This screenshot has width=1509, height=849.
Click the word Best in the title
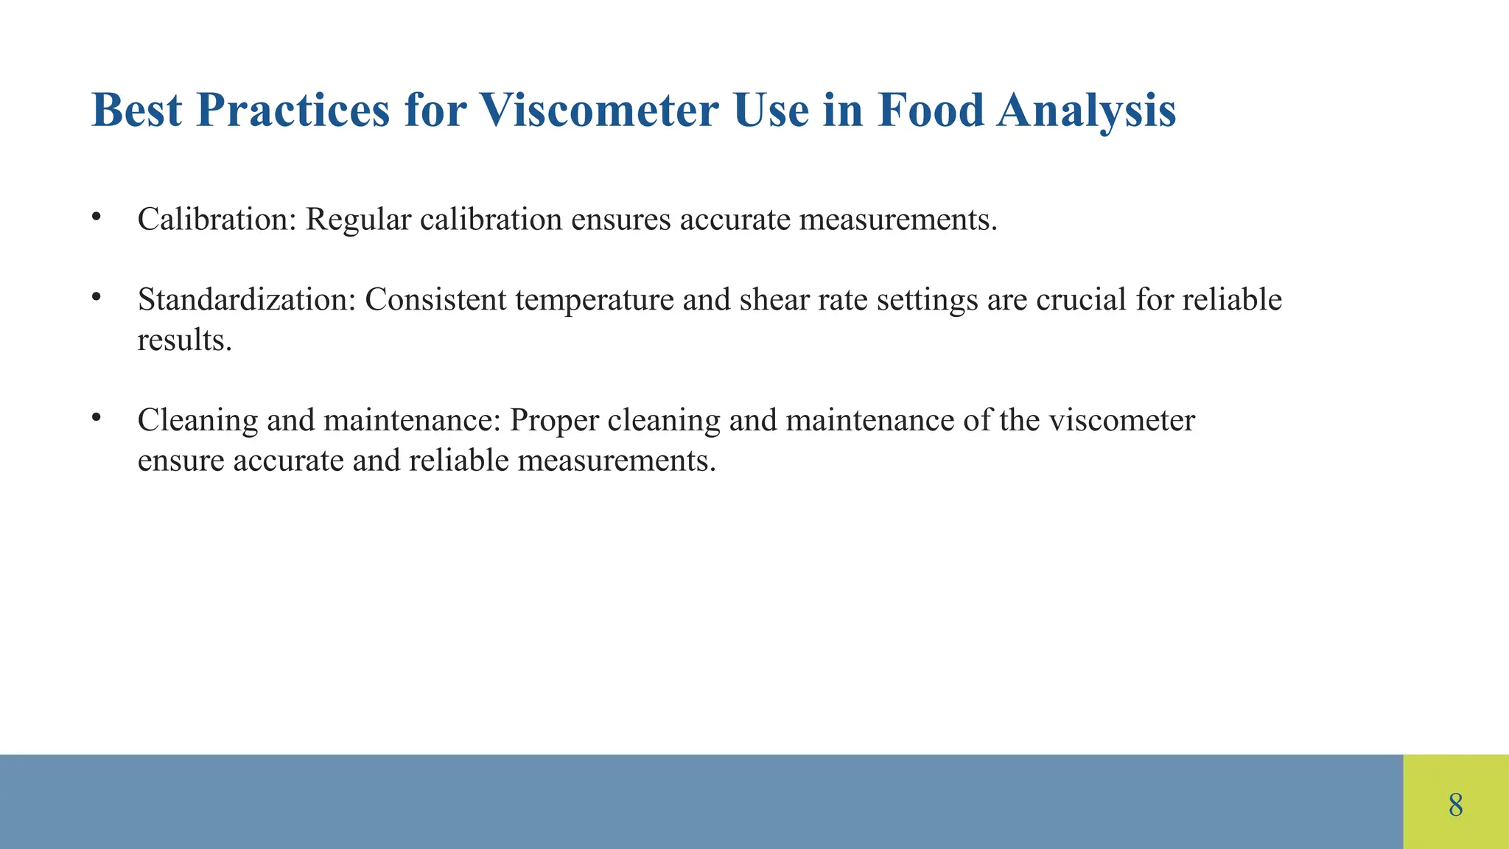click(136, 111)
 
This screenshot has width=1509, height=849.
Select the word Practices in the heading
click(293, 111)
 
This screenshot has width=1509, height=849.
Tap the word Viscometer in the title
click(599, 111)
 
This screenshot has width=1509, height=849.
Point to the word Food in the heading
click(931, 111)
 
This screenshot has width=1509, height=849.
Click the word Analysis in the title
click(1086, 112)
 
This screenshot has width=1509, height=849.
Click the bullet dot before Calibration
click(96, 217)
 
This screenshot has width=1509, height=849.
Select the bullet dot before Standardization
click(96, 297)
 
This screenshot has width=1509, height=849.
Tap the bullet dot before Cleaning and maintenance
click(96, 417)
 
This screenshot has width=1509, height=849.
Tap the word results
click(184, 340)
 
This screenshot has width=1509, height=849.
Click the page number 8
click(1455, 804)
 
